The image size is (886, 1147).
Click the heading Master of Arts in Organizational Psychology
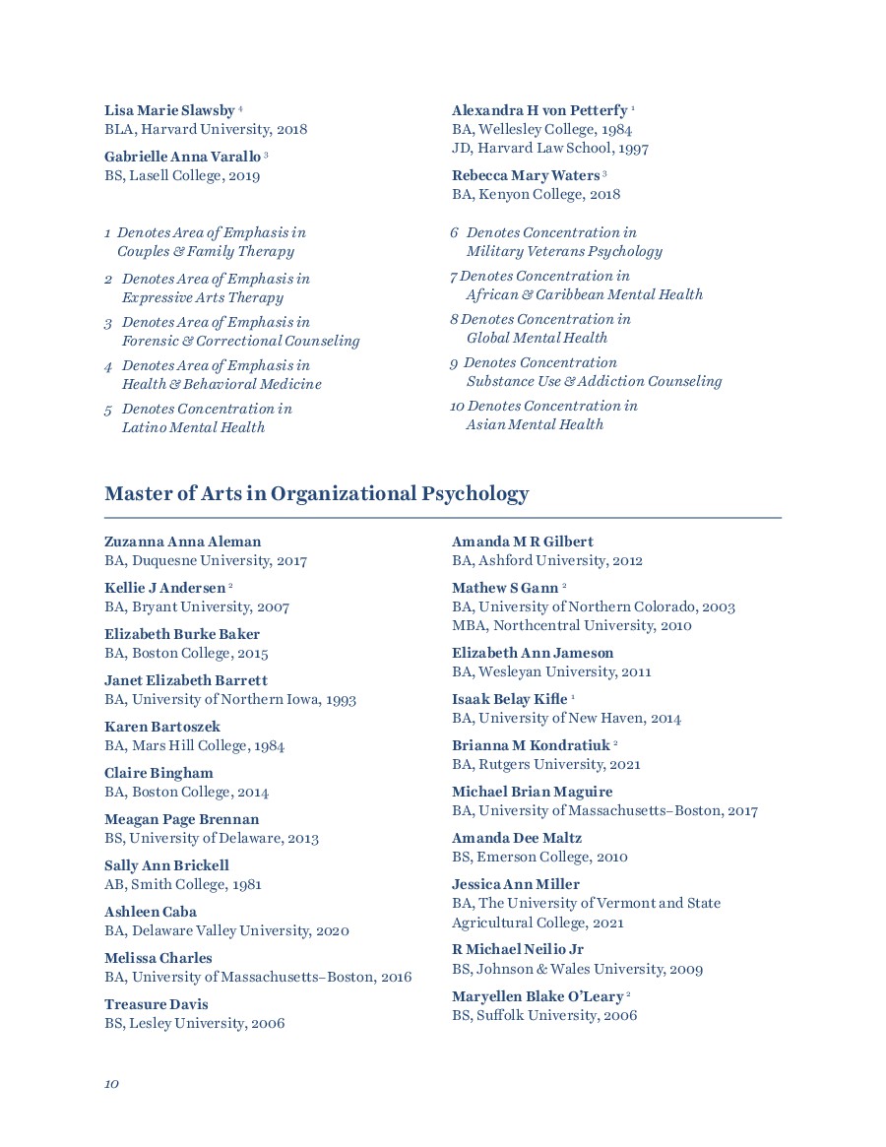[316, 494]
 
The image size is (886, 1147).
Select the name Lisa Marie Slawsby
[169, 110]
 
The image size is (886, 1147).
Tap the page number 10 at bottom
[111, 1084]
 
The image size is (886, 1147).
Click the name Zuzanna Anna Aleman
[183, 542]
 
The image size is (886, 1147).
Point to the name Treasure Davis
[157, 1004]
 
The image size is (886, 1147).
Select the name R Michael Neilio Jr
[518, 949]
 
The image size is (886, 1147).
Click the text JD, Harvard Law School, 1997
[550, 149]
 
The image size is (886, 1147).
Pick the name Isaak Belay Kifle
[510, 699]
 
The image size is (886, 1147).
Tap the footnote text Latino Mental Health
[193, 427]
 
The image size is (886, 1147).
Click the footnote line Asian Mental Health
[535, 424]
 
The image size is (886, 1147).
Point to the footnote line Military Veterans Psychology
[564, 251]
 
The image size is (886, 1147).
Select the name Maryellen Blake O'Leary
[538, 996]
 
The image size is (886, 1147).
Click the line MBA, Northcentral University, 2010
[572, 626]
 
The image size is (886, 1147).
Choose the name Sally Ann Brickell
[166, 865]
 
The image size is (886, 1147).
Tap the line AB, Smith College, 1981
[183, 884]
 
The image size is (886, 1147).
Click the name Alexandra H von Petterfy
[539, 110]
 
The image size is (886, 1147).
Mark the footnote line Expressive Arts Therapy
[202, 297]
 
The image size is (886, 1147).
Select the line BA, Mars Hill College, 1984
[195, 745]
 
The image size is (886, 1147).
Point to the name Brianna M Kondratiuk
[531, 745]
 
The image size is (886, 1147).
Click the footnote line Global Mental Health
[537, 338]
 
